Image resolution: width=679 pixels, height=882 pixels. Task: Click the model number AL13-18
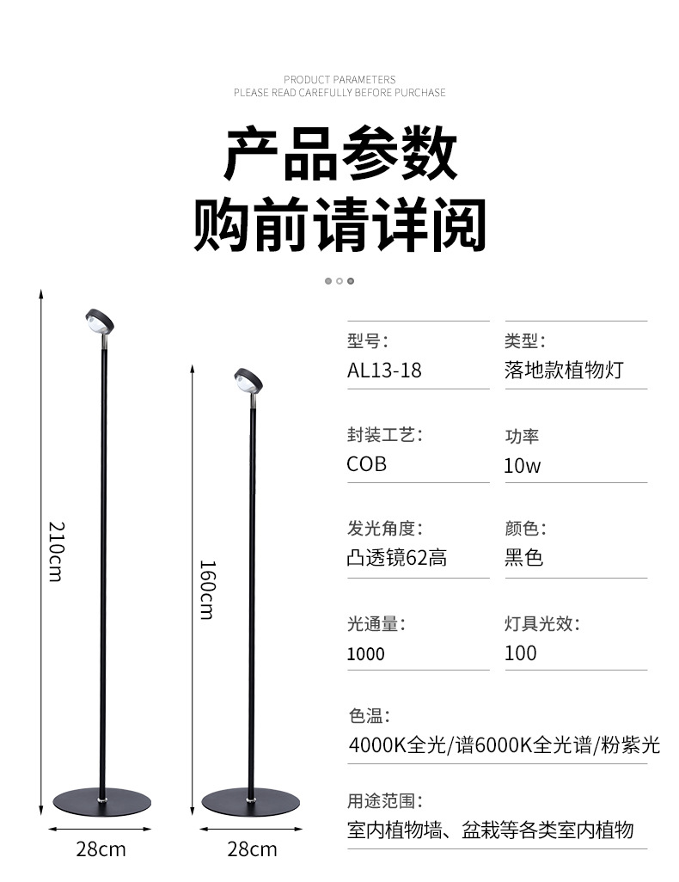point(384,371)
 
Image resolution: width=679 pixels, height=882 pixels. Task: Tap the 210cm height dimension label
point(54,551)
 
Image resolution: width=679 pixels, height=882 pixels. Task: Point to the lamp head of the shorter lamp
point(248,380)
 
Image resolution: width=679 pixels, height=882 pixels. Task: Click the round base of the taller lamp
point(101,800)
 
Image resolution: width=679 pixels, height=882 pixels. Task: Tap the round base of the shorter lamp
point(251,801)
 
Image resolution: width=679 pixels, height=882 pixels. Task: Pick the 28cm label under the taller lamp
point(101,850)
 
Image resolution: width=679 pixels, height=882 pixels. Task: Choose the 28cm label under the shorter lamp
point(252,850)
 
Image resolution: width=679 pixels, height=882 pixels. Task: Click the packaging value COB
point(367,464)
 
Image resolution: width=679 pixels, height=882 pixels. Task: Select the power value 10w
point(523,466)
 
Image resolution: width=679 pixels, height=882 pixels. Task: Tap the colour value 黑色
point(524,559)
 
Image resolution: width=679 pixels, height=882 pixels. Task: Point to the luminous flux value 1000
point(366,654)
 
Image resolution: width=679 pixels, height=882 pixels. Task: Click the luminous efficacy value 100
point(521,653)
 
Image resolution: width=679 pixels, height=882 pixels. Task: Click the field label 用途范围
point(385,801)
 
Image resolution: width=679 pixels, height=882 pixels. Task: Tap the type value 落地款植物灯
point(563,371)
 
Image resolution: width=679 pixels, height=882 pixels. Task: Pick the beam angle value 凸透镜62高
point(397,559)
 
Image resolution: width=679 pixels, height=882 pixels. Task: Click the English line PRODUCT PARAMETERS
point(339,79)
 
